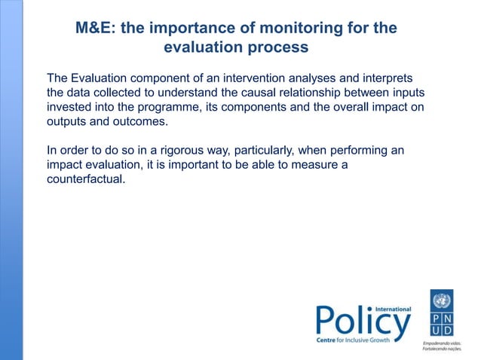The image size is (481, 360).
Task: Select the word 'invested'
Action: point(70,108)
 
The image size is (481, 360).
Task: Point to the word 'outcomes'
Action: point(138,122)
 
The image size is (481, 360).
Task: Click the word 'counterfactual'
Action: point(84,180)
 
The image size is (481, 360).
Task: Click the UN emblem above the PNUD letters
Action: point(442,301)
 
